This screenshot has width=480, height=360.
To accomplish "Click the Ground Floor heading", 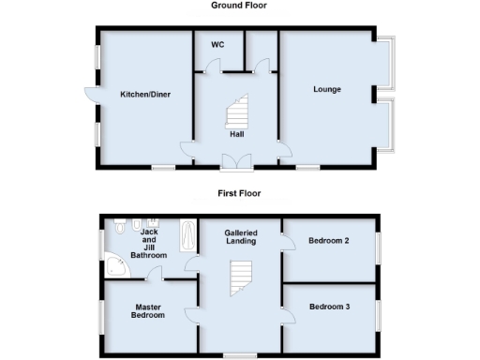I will coord(240,6).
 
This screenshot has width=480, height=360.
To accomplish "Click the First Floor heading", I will coord(240,194).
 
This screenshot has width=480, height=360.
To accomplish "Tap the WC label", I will coord(217,45).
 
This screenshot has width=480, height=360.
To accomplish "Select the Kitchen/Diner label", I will coord(144,95).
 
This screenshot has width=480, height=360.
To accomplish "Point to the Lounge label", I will coord(326,90).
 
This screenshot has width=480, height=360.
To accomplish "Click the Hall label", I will coord(237,134).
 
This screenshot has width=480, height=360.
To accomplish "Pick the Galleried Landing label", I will coord(240,237).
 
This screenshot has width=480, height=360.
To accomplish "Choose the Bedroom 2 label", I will coord(328,242).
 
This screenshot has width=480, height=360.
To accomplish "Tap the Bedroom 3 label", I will coord(329,307).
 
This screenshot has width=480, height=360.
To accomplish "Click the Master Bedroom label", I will coord(148,311).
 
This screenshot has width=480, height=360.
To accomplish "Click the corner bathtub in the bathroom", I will coord(117,266).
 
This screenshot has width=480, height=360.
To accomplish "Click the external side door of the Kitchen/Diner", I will coord(90,95).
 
